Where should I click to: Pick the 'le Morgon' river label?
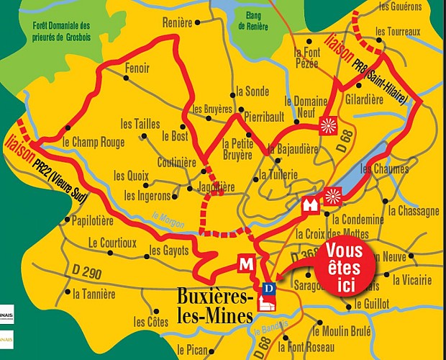tap(168, 217)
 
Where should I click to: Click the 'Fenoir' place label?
tap(137, 68)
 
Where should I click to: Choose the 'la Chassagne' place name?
tap(413, 211)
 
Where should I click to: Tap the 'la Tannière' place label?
tap(94, 294)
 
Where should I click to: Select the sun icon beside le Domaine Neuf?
tap(327, 125)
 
